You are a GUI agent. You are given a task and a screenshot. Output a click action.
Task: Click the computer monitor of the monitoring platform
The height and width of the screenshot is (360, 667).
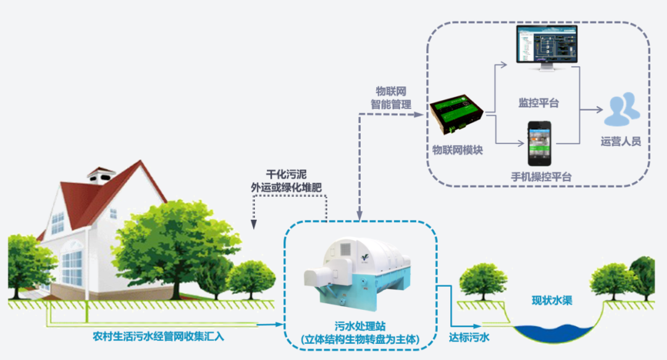(547, 48)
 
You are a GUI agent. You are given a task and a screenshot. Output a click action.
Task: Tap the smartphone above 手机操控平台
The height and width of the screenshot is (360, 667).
(539, 143)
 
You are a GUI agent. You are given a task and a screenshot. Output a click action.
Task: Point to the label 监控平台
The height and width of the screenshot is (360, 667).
(539, 103)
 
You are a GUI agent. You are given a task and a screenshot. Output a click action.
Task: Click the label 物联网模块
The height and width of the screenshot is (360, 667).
(458, 150)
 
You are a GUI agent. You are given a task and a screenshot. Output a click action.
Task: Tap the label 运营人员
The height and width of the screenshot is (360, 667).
(621, 141)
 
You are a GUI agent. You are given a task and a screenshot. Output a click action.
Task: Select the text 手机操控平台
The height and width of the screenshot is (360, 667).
(541, 177)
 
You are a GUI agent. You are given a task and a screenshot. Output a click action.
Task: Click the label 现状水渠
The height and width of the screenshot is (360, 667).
(552, 301)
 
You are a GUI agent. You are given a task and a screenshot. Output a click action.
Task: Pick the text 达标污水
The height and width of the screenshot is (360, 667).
(469, 337)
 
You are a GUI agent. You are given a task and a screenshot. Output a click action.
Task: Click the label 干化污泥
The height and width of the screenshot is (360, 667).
(287, 175)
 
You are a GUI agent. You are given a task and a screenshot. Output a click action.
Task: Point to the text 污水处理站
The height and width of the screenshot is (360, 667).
(360, 326)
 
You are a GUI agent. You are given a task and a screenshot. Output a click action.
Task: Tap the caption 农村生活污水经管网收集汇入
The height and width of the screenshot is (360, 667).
(158, 337)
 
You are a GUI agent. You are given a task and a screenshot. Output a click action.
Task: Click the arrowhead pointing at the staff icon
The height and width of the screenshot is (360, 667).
(599, 110)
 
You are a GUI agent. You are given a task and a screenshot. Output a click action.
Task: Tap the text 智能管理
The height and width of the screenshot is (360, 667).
(391, 104)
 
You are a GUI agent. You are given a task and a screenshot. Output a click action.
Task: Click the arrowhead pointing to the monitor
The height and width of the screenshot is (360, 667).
(504, 65)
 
